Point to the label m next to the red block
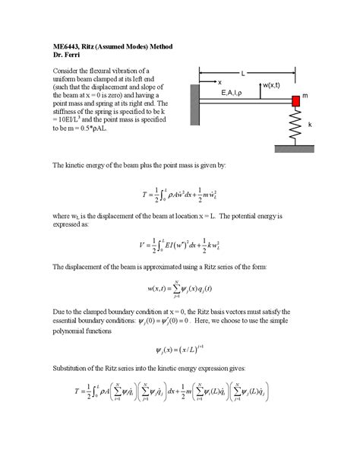tap(305, 97)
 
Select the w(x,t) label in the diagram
tap(271, 86)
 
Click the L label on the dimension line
tap(242, 73)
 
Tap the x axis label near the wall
tap(219, 81)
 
